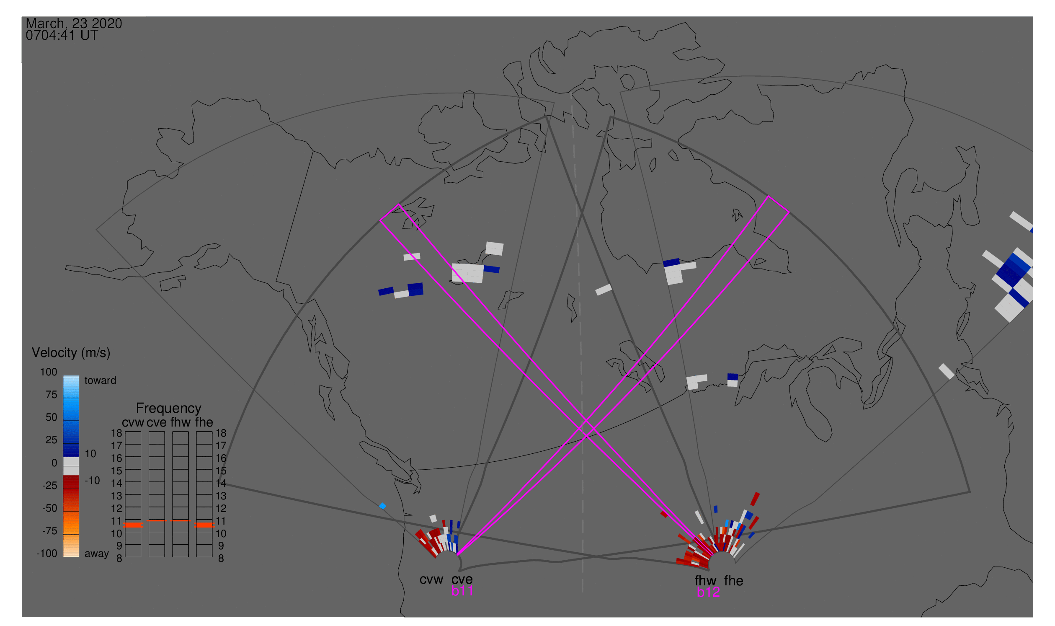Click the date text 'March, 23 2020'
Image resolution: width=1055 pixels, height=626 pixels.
pyautogui.click(x=74, y=23)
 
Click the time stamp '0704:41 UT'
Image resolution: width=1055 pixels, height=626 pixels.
pyautogui.click(x=62, y=36)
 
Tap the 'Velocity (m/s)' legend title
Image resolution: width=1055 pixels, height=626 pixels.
pyautogui.click(x=71, y=353)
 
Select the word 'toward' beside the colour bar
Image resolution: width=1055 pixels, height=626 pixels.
pyautogui.click(x=101, y=380)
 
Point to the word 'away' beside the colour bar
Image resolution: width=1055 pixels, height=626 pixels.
pyautogui.click(x=97, y=554)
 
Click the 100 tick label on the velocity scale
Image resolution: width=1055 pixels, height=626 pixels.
pyautogui.click(x=49, y=372)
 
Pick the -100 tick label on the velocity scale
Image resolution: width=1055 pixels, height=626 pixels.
pyautogui.click(x=47, y=554)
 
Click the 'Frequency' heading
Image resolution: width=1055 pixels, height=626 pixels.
pyautogui.click(x=169, y=409)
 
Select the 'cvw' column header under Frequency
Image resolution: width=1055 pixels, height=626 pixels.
pyautogui.click(x=133, y=423)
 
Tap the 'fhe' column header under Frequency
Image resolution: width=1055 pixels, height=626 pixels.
pyautogui.click(x=204, y=422)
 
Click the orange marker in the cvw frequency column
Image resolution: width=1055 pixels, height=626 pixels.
pyautogui.click(x=133, y=525)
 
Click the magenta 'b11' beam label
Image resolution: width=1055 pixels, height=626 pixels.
pyautogui.click(x=462, y=591)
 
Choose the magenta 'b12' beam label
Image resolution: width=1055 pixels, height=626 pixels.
pyautogui.click(x=708, y=592)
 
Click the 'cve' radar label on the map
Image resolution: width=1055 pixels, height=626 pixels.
pyautogui.click(x=462, y=580)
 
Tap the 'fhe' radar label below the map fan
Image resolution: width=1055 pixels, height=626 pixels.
pyautogui.click(x=734, y=581)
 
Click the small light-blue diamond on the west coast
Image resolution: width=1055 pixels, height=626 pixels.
pyautogui.click(x=382, y=506)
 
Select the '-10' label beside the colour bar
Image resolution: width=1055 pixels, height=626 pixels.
pyautogui.click(x=92, y=481)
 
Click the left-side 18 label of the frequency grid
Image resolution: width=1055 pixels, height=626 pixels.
pyautogui.click(x=117, y=433)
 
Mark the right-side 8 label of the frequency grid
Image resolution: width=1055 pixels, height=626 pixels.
pyautogui.click(x=221, y=559)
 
